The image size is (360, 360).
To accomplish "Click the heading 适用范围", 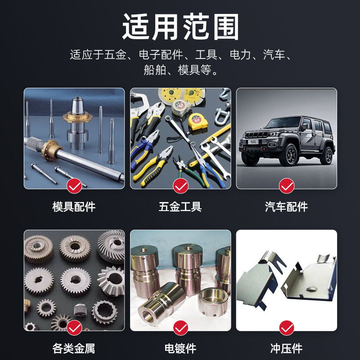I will [x=180, y=27].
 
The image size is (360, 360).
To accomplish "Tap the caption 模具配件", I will [x=74, y=207].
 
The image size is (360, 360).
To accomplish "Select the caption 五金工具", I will [x=180, y=207].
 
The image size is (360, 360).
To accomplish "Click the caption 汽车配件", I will [x=286, y=207].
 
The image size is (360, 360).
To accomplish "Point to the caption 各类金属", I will [x=74, y=348].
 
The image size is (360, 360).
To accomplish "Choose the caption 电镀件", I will [x=180, y=348].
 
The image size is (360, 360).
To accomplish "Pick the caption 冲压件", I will [x=286, y=348].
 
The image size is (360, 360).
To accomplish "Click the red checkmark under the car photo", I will [x=286, y=185].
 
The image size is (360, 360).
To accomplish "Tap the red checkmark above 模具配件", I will [x=74, y=185].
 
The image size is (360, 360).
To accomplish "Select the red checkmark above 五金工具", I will [x=180, y=185].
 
